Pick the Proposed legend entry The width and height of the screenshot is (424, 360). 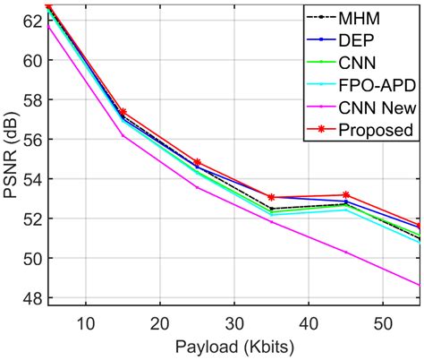[x=375, y=130]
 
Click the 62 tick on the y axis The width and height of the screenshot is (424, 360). [x=34, y=21]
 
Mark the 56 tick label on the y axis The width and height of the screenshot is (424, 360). [x=34, y=140]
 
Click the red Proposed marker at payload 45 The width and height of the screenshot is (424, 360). [x=345, y=195]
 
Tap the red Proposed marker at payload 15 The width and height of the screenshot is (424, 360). [x=123, y=113]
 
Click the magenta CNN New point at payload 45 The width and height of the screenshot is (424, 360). [x=345, y=253]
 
